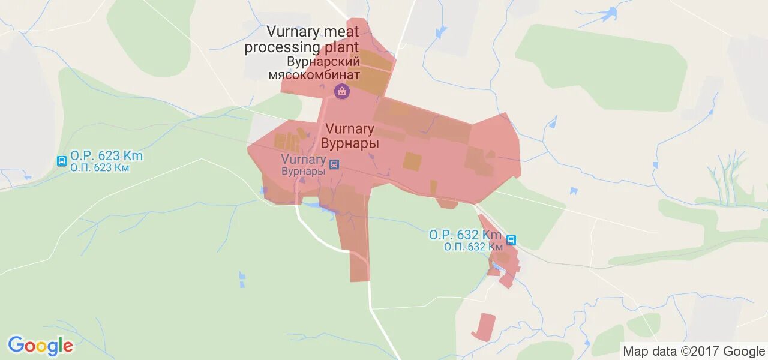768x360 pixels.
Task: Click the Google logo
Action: point(40,346)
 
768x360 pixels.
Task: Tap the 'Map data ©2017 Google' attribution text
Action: point(694,351)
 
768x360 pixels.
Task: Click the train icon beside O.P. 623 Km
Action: point(61,161)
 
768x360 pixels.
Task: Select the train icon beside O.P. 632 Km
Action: point(511,240)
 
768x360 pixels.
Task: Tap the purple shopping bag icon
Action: point(341,91)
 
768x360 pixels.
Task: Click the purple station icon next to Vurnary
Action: point(334,164)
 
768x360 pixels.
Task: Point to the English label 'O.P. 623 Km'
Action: point(107,156)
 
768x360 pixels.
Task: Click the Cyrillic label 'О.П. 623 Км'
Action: point(100,168)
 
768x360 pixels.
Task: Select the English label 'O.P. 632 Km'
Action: point(466,235)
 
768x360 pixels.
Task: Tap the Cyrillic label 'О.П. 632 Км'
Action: point(473,247)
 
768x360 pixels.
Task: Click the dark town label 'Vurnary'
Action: point(350,129)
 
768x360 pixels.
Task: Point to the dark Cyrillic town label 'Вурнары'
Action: point(350,143)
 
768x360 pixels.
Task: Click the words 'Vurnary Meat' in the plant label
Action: point(313,31)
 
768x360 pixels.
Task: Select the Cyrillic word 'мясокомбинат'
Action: point(314,75)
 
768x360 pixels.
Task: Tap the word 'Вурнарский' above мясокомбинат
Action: point(323,62)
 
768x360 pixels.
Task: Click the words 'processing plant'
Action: point(302,47)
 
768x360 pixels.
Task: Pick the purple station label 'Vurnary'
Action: point(304,160)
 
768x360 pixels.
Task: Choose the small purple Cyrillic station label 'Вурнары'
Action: point(304,171)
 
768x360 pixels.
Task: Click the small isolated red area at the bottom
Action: point(484,327)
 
